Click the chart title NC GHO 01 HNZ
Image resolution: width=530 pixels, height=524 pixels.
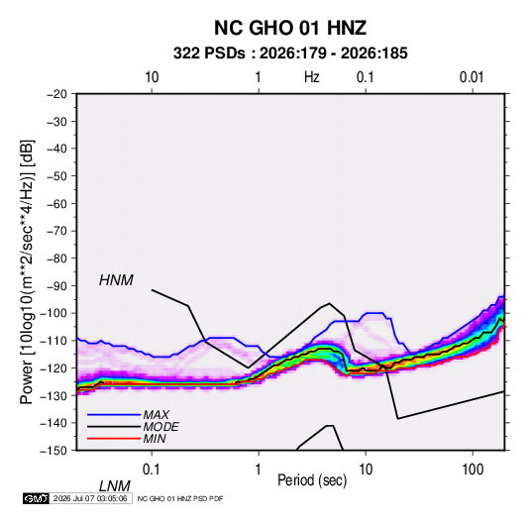290,28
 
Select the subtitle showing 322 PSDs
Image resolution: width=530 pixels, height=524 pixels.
290,53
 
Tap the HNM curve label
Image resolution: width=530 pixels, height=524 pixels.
116,280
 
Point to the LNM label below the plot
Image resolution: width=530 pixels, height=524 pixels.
115,486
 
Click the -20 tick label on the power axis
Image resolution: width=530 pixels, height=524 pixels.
56,94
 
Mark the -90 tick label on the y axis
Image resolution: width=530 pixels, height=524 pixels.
56,286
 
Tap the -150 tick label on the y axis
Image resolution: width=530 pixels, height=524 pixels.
53,451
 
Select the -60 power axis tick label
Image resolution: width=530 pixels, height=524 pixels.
56,203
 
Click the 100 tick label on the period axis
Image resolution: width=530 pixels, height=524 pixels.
472,469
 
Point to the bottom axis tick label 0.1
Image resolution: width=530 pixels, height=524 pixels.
151,469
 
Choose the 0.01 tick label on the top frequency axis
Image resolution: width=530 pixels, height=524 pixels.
472,77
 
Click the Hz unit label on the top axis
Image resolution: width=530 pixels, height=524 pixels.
312,77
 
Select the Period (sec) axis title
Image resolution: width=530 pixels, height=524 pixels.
312,480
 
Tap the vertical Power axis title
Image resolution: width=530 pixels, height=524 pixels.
27,271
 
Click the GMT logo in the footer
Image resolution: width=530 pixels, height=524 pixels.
37,498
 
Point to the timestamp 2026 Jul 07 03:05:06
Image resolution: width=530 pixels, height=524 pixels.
90,498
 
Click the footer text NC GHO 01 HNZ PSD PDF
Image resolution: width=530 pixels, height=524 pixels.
180,498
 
